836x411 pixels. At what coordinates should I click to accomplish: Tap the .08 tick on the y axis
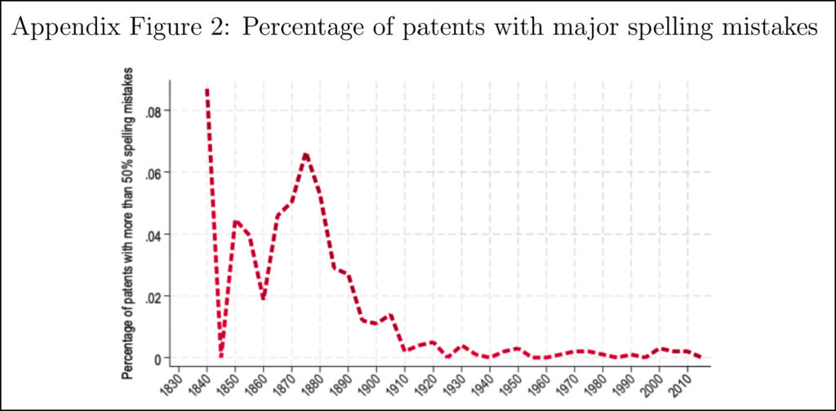point(153,110)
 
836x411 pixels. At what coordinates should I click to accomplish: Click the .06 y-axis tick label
point(153,172)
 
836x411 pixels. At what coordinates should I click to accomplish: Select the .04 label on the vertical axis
point(153,234)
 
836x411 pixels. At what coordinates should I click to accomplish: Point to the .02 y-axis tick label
point(153,296)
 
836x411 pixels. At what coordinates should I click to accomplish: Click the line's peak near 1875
point(305,153)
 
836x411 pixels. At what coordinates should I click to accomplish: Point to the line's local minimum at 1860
point(263,298)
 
